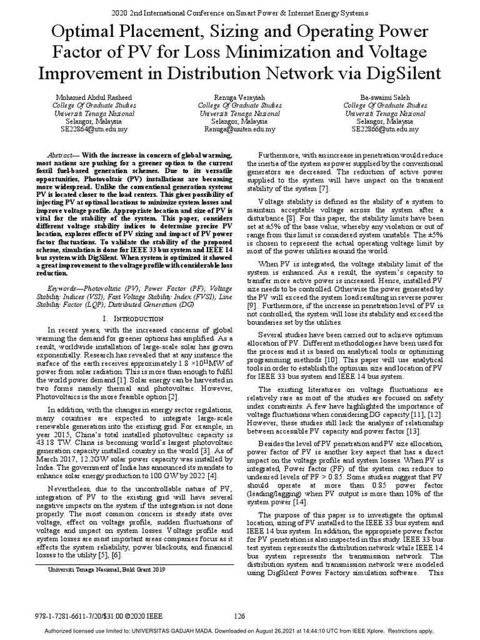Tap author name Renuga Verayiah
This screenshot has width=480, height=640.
click(240, 97)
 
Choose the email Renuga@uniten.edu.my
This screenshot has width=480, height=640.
click(240, 129)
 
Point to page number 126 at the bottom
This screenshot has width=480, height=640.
click(239, 616)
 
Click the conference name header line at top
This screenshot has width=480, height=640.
click(239, 12)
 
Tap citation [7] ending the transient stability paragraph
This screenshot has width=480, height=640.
click(324, 189)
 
